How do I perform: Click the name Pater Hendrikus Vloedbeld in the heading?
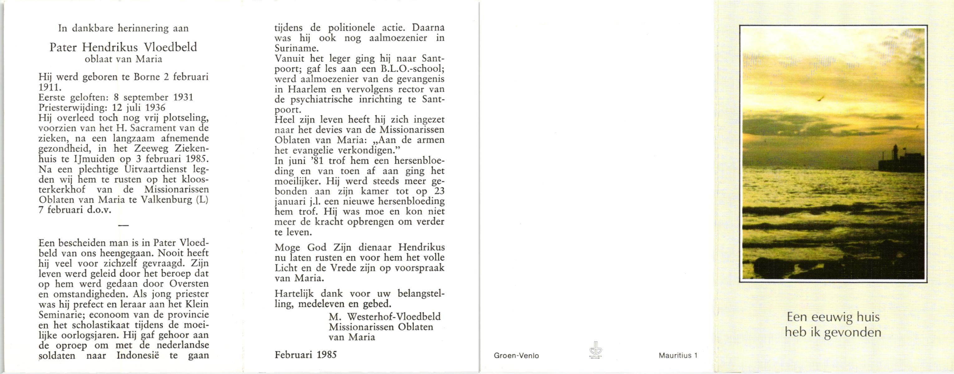[x=123, y=47]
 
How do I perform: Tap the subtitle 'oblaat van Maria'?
[x=123, y=59]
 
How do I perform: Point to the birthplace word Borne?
[x=147, y=77]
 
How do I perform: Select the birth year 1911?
[x=50, y=87]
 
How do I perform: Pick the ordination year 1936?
[x=155, y=108]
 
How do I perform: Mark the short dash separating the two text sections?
[x=123, y=225]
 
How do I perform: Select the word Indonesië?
[x=138, y=356]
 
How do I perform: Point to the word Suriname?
[x=296, y=48]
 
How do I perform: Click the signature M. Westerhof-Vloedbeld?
[x=384, y=317]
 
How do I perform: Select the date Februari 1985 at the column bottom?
[x=305, y=355]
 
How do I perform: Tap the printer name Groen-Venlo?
[x=516, y=356]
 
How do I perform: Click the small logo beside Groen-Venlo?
[x=596, y=350]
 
